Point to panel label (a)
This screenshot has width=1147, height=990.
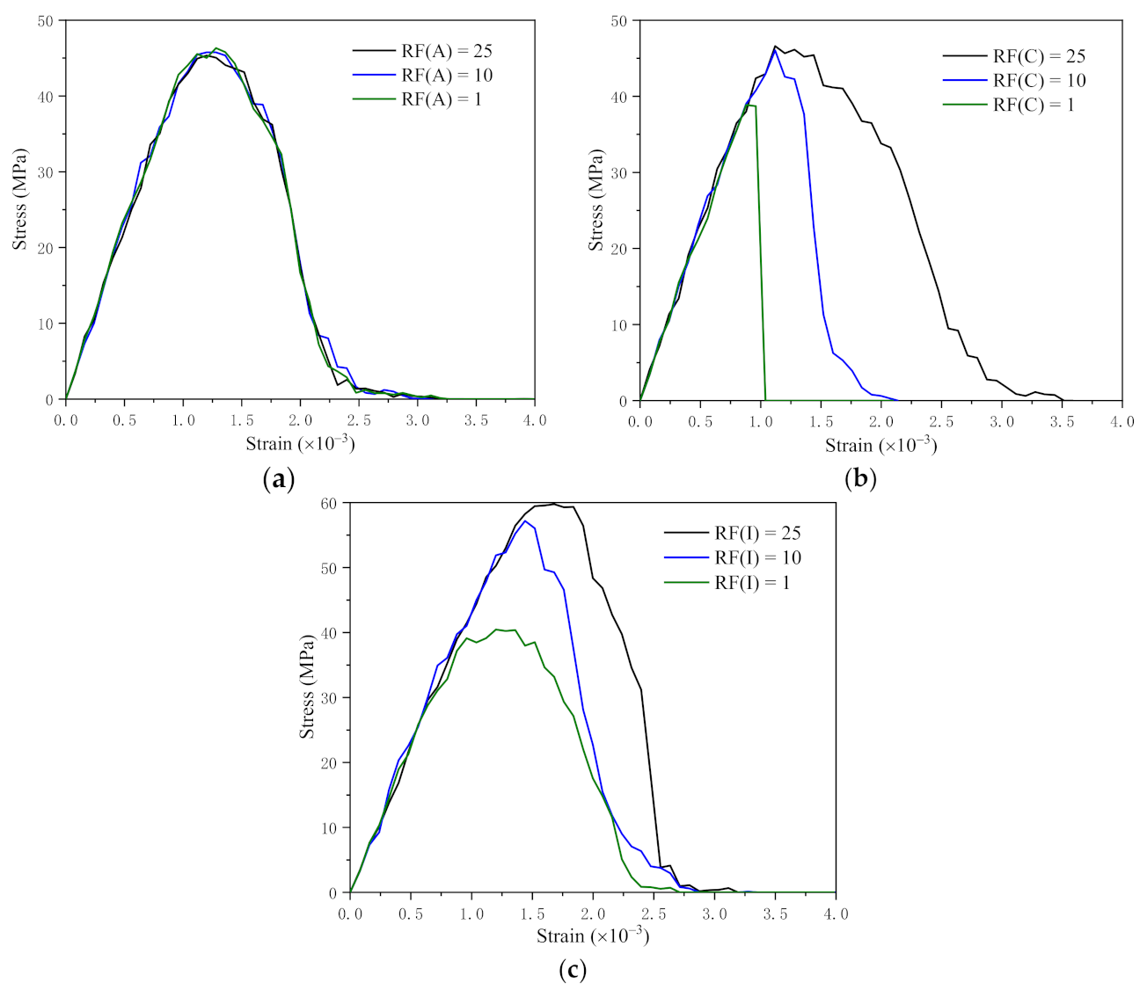click(279, 479)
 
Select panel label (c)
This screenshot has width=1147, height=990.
click(572, 970)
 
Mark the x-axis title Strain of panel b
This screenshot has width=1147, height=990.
click(880, 446)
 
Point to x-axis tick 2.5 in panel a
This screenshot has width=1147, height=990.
click(359, 421)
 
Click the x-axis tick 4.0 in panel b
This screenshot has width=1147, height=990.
click(1121, 422)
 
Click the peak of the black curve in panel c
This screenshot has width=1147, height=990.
click(554, 504)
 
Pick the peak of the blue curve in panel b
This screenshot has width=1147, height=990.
click(776, 50)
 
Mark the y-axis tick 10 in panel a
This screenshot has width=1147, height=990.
click(46, 324)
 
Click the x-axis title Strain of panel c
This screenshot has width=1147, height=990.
click(593, 936)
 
